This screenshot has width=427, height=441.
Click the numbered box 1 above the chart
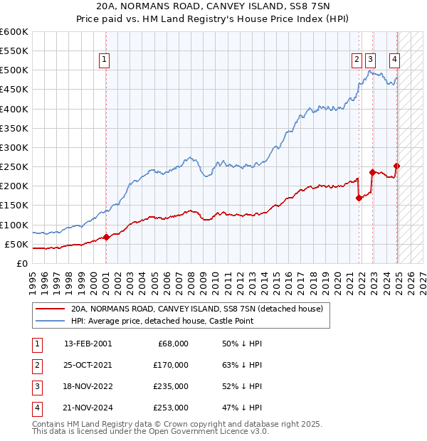105,60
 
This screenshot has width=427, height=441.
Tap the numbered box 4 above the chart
394,60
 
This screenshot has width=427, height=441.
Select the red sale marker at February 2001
106,237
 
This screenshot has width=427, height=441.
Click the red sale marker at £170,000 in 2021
359,198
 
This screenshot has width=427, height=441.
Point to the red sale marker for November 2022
372,172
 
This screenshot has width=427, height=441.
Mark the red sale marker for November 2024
397,166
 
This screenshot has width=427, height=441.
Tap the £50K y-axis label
16,244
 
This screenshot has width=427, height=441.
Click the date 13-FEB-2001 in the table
88,344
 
